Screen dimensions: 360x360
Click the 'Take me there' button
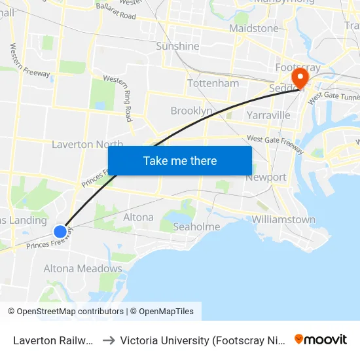(180, 161)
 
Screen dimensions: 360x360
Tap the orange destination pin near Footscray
(300, 79)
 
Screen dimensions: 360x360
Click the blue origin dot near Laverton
(60, 231)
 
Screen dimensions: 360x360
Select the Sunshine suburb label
(177, 46)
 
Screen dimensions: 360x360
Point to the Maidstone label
(254, 29)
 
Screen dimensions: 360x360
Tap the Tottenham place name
(213, 84)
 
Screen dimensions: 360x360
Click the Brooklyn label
(191, 111)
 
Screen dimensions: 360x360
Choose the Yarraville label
(268, 116)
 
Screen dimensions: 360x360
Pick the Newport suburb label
(266, 177)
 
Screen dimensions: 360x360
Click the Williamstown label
(283, 220)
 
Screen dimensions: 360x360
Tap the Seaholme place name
(196, 227)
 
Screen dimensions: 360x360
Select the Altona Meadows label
(82, 269)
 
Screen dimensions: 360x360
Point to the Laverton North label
(87, 145)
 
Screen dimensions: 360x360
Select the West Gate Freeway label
(275, 143)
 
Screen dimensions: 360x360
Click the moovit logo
(321, 339)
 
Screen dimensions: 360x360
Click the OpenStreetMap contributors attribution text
(65, 312)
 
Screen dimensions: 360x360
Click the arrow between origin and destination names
(108, 340)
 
